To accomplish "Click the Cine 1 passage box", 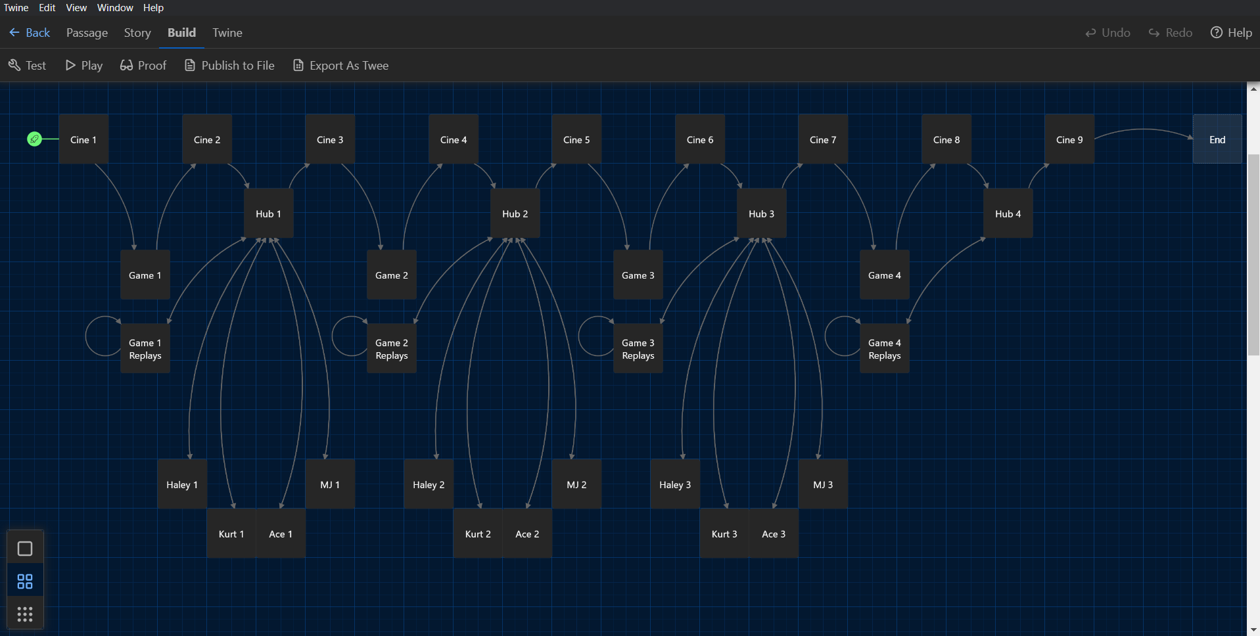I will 83,139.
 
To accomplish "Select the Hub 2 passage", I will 515,214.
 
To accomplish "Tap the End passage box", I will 1217,139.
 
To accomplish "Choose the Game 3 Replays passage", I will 638,349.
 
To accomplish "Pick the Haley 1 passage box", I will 182,484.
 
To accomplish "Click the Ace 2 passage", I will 527,534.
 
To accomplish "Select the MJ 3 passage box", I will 823,484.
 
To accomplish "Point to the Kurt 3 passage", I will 724,534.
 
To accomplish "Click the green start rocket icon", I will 34,139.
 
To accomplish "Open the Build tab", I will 181,33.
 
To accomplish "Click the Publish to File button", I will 229,66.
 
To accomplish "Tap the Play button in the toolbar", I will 84,66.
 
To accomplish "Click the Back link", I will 30,33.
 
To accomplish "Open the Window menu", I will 115,8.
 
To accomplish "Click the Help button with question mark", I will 1231,33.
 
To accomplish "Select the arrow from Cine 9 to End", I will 1144,129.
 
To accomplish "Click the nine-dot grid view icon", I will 25,614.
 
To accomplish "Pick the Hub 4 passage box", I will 1008,214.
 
